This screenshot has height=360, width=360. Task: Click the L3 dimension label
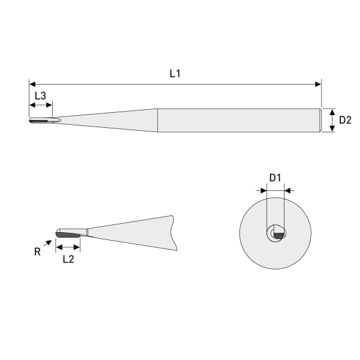pos(40,95)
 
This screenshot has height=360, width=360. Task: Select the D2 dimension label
pos(345,120)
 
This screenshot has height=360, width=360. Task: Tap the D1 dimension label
pos(275,178)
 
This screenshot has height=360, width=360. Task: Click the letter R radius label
pos(37,253)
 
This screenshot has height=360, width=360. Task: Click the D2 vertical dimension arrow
pos(332,120)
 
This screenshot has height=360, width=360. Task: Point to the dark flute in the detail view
pos(67,235)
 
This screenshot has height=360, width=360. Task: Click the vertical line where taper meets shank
pos(157,120)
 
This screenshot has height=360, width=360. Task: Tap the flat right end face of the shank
pos(321,120)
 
